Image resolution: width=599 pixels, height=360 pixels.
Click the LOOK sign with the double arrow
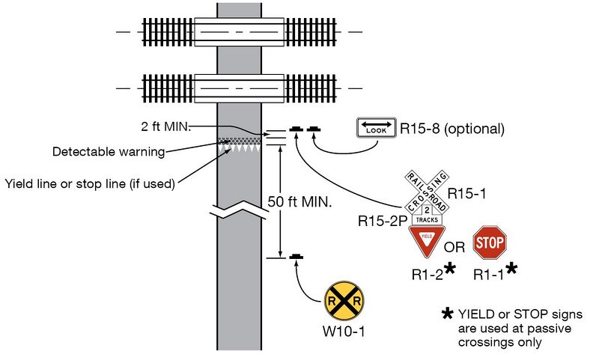(374, 129)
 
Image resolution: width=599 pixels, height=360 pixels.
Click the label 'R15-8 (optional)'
(451, 129)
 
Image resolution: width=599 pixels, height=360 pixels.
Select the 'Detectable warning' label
(108, 152)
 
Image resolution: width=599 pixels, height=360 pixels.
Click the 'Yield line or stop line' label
(89, 183)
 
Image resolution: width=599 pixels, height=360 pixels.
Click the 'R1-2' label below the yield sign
(428, 275)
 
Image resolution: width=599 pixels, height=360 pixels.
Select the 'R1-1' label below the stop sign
(490, 275)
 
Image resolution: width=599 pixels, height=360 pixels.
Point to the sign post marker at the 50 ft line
(297, 257)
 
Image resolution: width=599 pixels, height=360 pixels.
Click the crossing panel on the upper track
(239, 32)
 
